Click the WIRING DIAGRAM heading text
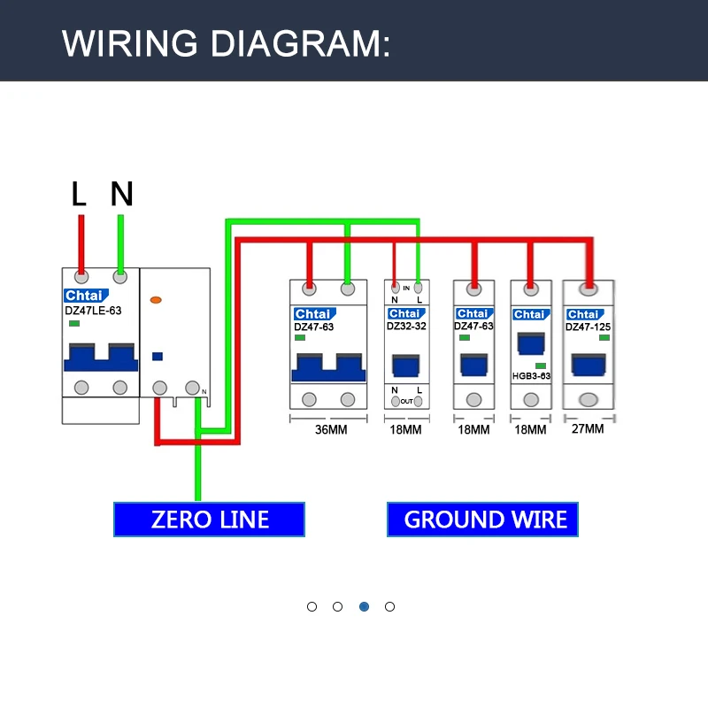pyautogui.click(x=226, y=42)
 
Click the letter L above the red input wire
pyautogui.click(x=80, y=195)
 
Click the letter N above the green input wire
pyautogui.click(x=121, y=195)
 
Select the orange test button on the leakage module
pyautogui.click(x=157, y=301)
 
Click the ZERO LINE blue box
pyautogui.click(x=209, y=519)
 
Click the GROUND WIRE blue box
pyautogui.click(x=483, y=519)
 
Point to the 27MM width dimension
pyautogui.click(x=589, y=429)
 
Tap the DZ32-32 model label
pyautogui.click(x=407, y=326)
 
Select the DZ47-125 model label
pyautogui.click(x=589, y=327)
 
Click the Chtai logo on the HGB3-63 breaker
pyautogui.click(x=529, y=314)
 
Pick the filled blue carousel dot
pyautogui.click(x=364, y=606)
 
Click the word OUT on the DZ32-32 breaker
pyautogui.click(x=406, y=401)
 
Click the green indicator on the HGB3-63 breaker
pyautogui.click(x=540, y=365)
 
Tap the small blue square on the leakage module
pyautogui.click(x=158, y=357)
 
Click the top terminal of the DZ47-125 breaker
pyautogui.click(x=589, y=289)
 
